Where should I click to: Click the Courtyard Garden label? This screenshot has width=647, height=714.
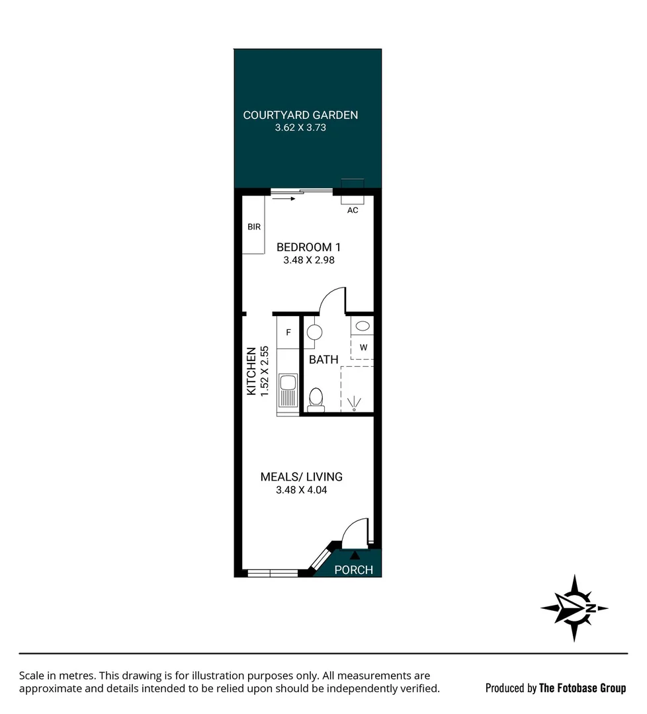click(x=300, y=115)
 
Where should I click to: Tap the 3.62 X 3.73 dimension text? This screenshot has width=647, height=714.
click(x=300, y=128)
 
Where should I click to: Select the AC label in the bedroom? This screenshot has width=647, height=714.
click(x=353, y=210)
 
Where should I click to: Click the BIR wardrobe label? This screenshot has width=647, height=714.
click(x=254, y=227)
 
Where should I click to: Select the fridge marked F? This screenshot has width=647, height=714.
click(x=288, y=333)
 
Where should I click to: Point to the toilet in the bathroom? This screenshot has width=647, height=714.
click(x=316, y=399)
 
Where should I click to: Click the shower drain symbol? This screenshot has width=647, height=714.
click(x=355, y=404)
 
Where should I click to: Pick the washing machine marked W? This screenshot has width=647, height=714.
click(x=363, y=347)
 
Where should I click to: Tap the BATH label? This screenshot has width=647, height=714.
click(x=323, y=360)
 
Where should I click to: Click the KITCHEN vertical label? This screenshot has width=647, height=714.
click(x=251, y=372)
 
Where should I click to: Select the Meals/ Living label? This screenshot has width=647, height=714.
click(x=301, y=477)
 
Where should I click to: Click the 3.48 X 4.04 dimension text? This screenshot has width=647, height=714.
click(x=301, y=491)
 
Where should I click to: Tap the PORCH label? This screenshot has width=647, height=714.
click(x=353, y=570)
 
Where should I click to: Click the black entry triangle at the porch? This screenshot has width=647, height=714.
click(x=355, y=555)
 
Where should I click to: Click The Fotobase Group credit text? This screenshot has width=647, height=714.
click(x=582, y=688)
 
